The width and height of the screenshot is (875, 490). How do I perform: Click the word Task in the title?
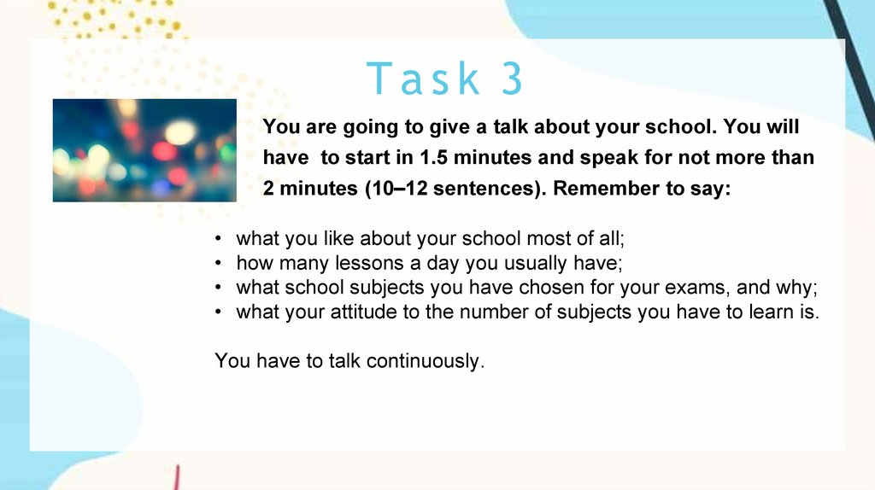423,79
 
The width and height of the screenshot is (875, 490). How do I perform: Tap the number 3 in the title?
513,79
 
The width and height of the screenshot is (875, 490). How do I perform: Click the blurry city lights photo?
144,150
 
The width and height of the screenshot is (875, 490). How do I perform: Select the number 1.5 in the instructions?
433,157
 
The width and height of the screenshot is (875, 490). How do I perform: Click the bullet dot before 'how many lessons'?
218,263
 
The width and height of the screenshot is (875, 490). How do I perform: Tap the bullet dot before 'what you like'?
218,238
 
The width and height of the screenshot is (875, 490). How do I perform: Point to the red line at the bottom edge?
177,478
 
